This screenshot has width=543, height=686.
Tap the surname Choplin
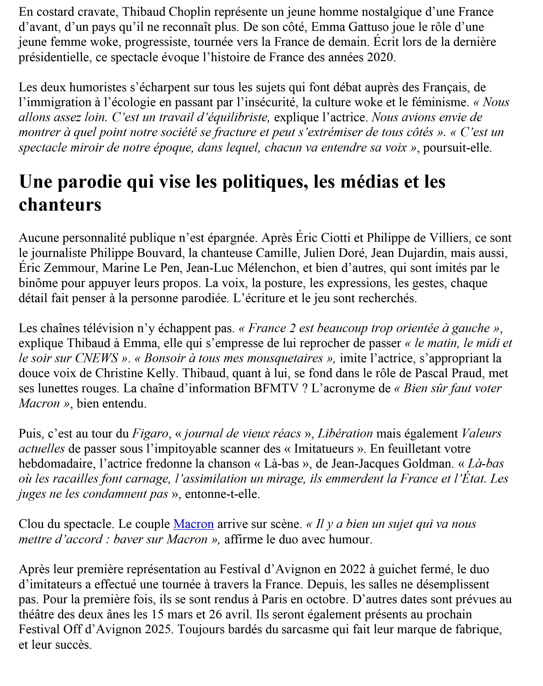click(x=190, y=12)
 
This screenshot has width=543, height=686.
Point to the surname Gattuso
click(x=369, y=27)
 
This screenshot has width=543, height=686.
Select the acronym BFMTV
click(x=276, y=388)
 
